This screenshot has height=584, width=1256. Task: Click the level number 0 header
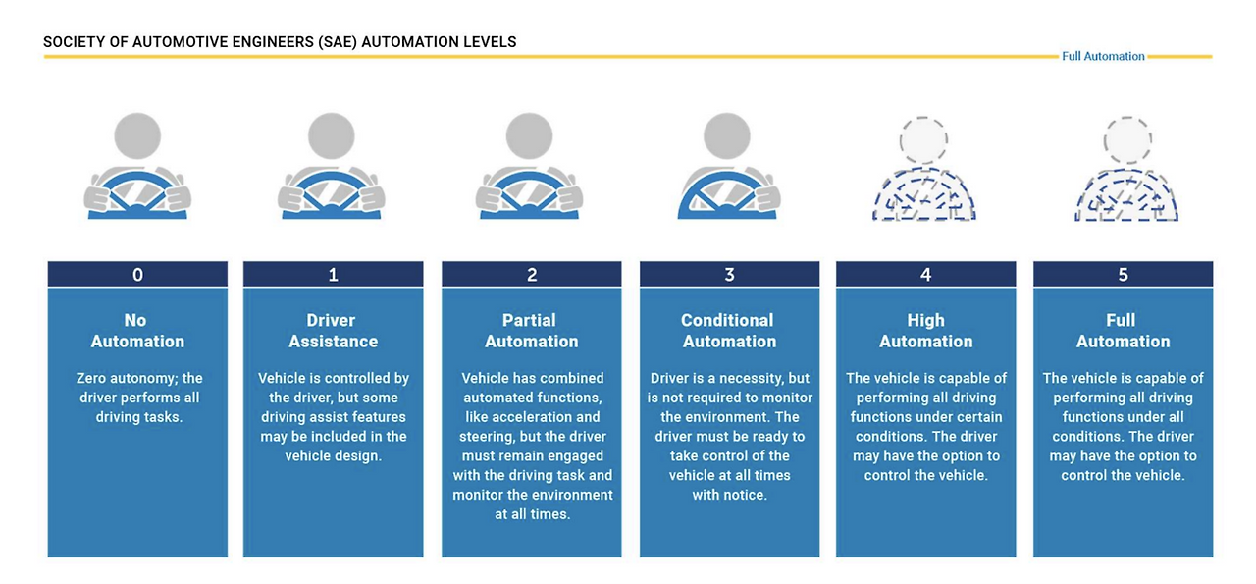point(137,275)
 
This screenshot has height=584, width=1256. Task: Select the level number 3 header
point(729,275)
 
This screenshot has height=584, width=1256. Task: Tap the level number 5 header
point(1123,275)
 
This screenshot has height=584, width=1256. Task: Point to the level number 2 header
point(532,275)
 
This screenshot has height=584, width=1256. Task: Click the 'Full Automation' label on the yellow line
point(1103,57)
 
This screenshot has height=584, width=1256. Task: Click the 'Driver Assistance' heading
point(333,331)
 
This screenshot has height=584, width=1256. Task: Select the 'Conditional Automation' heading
point(728,331)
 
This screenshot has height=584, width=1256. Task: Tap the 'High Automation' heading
point(925,331)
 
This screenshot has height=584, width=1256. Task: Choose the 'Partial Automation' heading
point(531,331)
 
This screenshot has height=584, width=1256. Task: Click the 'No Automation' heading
point(137,331)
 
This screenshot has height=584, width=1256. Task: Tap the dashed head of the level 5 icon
point(1125,139)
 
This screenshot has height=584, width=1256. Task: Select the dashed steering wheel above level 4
point(923,198)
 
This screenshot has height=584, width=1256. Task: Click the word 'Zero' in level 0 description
point(93,378)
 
